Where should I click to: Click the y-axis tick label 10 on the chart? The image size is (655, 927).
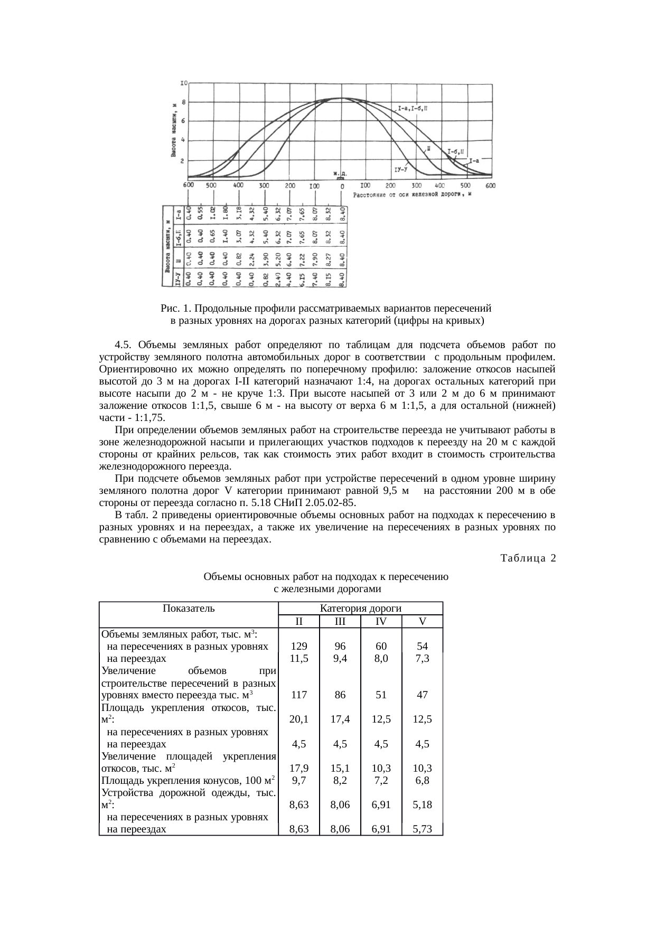point(184,83)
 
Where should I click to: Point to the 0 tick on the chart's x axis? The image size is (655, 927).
point(342,186)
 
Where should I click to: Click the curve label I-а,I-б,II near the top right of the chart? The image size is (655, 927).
point(414,109)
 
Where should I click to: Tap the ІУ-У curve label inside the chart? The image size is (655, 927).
point(401,169)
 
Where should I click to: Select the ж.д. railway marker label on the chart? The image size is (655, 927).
point(340,173)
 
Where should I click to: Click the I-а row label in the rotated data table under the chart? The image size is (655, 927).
point(180,214)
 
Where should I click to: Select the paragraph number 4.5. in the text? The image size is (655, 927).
point(124,345)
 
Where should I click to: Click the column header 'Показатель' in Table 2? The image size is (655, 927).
point(189,608)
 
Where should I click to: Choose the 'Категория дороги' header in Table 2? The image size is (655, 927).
point(361,608)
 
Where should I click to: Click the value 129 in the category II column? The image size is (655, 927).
point(299,646)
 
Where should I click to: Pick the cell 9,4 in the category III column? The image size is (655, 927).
point(340,659)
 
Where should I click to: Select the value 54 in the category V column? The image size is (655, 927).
point(422,646)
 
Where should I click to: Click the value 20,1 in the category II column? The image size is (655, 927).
point(299,719)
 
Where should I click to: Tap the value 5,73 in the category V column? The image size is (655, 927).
point(422,829)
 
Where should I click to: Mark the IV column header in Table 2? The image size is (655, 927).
point(381,621)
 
